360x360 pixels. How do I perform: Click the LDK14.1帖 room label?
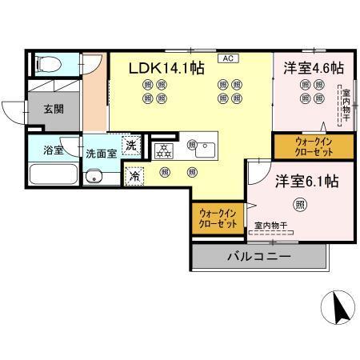point(166,68)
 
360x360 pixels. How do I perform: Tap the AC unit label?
point(228,58)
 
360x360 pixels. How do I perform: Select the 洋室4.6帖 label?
point(313,68)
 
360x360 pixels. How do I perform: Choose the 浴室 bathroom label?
point(45,149)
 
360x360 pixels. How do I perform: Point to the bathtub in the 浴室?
point(52,174)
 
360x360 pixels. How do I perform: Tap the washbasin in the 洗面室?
point(95,177)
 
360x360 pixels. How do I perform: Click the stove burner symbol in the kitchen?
point(163,148)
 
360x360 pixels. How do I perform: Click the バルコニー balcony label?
point(258,257)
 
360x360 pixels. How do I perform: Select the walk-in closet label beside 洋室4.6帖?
point(302,146)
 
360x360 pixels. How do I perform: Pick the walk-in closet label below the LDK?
point(217,218)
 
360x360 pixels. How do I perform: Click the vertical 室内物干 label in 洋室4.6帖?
point(346,104)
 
